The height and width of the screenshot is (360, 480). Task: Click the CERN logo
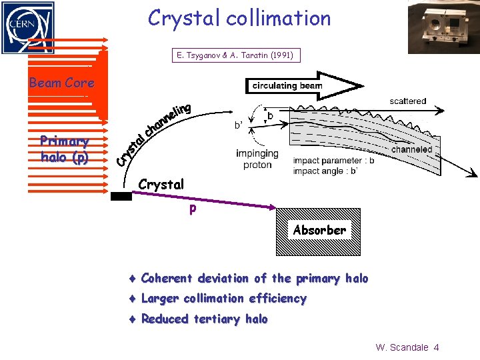pyautogui.click(x=27, y=27)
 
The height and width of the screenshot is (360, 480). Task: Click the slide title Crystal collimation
pyautogui.click(x=239, y=18)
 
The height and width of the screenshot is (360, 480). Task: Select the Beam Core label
pyautogui.click(x=61, y=83)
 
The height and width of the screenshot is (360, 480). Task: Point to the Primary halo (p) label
pyautogui.click(x=64, y=149)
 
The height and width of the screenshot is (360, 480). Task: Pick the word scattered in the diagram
pyautogui.click(x=408, y=101)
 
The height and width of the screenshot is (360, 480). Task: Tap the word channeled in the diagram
pyautogui.click(x=412, y=150)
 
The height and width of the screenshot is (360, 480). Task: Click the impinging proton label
pyautogui.click(x=257, y=159)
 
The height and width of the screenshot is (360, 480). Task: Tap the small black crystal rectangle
pyautogui.click(x=121, y=196)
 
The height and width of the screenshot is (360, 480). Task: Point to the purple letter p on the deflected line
pyautogui.click(x=193, y=209)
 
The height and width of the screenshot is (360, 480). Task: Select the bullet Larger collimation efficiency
pyautogui.click(x=224, y=299)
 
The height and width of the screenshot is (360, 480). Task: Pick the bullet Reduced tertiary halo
pyautogui.click(x=204, y=319)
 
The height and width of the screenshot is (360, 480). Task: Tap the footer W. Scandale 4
pyautogui.click(x=407, y=347)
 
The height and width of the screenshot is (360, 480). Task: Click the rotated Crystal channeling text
pyautogui.click(x=154, y=134)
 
